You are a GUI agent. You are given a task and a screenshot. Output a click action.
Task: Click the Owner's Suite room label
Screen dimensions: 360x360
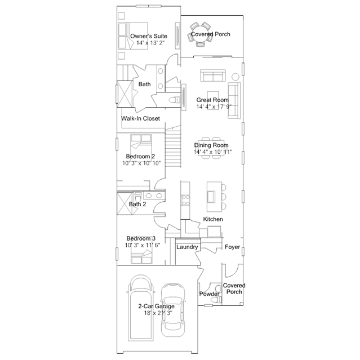pyautogui.click(x=149, y=36)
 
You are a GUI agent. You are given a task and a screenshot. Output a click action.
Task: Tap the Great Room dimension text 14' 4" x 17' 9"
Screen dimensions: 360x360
pyautogui.click(x=214, y=106)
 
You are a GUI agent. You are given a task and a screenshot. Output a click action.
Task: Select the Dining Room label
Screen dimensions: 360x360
pyautogui.click(x=211, y=145)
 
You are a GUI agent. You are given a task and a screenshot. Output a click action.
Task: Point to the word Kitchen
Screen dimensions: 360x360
pyautogui.click(x=213, y=219)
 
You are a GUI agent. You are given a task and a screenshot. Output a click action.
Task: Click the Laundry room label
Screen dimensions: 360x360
pyautogui.click(x=187, y=247)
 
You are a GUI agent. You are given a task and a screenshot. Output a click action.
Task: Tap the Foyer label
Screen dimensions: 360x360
pyautogui.click(x=232, y=247)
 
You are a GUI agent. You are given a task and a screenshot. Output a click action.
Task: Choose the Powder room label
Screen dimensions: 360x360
pyautogui.click(x=209, y=294)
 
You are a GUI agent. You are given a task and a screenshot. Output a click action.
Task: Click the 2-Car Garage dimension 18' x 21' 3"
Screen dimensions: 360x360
pyautogui.click(x=158, y=313)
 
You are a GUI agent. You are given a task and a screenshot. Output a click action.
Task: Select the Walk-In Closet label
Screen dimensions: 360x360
pyautogui.click(x=140, y=118)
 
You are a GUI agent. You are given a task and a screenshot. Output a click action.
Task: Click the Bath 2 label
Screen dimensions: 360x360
pyautogui.click(x=137, y=204)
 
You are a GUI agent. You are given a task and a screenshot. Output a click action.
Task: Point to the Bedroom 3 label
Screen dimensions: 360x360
pyautogui.click(x=141, y=238)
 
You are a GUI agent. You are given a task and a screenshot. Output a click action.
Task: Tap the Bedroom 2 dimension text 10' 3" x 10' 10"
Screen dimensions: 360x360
pyautogui.click(x=141, y=163)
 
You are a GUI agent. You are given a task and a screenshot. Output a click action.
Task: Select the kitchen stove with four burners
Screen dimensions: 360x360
pyautogui.click(x=185, y=200)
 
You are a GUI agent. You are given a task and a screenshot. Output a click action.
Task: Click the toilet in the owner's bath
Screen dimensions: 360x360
pyautogui.click(x=175, y=100)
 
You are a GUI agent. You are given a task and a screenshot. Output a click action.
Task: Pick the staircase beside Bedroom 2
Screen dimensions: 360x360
pyautogui.click(x=173, y=147)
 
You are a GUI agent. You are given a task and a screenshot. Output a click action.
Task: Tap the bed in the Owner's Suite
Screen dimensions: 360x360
pyautogui.click(x=133, y=35)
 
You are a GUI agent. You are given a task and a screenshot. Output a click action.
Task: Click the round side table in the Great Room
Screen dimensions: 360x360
pyautogui.click(x=235, y=77)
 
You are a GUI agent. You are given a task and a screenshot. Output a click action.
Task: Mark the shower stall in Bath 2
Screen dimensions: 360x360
pyautogui.click(x=125, y=204)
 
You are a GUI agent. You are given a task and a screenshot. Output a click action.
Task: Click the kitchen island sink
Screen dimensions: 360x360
pyautogui.click(x=211, y=197)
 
